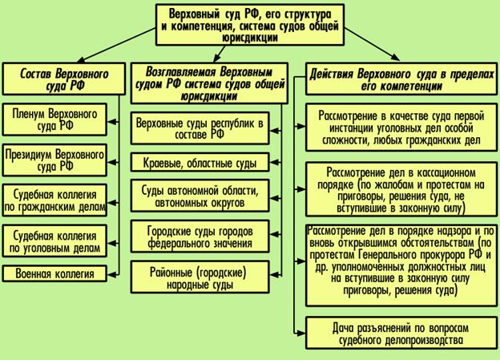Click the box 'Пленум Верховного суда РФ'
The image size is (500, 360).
pyautogui.click(x=54, y=119)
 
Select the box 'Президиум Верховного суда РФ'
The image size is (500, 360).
pyautogui.click(x=54, y=160)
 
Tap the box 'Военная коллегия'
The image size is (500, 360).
pyautogui.click(x=54, y=274)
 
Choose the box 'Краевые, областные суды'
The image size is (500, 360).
pyautogui.click(x=200, y=163)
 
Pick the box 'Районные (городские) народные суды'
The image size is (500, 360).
pyautogui.click(x=200, y=277)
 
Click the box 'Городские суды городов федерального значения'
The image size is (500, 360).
pyautogui.click(x=200, y=237)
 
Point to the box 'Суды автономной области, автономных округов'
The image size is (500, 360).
pyautogui.click(x=200, y=196)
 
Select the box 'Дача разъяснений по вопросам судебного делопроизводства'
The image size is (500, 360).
pyautogui.click(x=401, y=334)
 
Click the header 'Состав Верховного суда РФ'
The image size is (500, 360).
pyautogui.click(x=64, y=79)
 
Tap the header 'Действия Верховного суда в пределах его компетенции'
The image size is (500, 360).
pyautogui.click(x=401, y=79)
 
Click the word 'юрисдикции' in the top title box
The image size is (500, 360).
pyautogui.click(x=250, y=38)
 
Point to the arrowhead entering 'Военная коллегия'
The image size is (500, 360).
pyautogui.click(x=111, y=274)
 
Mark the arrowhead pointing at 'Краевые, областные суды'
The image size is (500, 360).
pyautogui.click(x=273, y=163)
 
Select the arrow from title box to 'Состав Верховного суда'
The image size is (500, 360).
pyautogui.click(x=116, y=45)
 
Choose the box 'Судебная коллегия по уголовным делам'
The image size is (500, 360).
pyautogui.click(x=54, y=241)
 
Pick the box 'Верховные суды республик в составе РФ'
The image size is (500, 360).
pyautogui.click(x=200, y=128)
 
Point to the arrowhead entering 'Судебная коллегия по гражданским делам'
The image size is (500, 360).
pyautogui.click(x=111, y=203)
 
